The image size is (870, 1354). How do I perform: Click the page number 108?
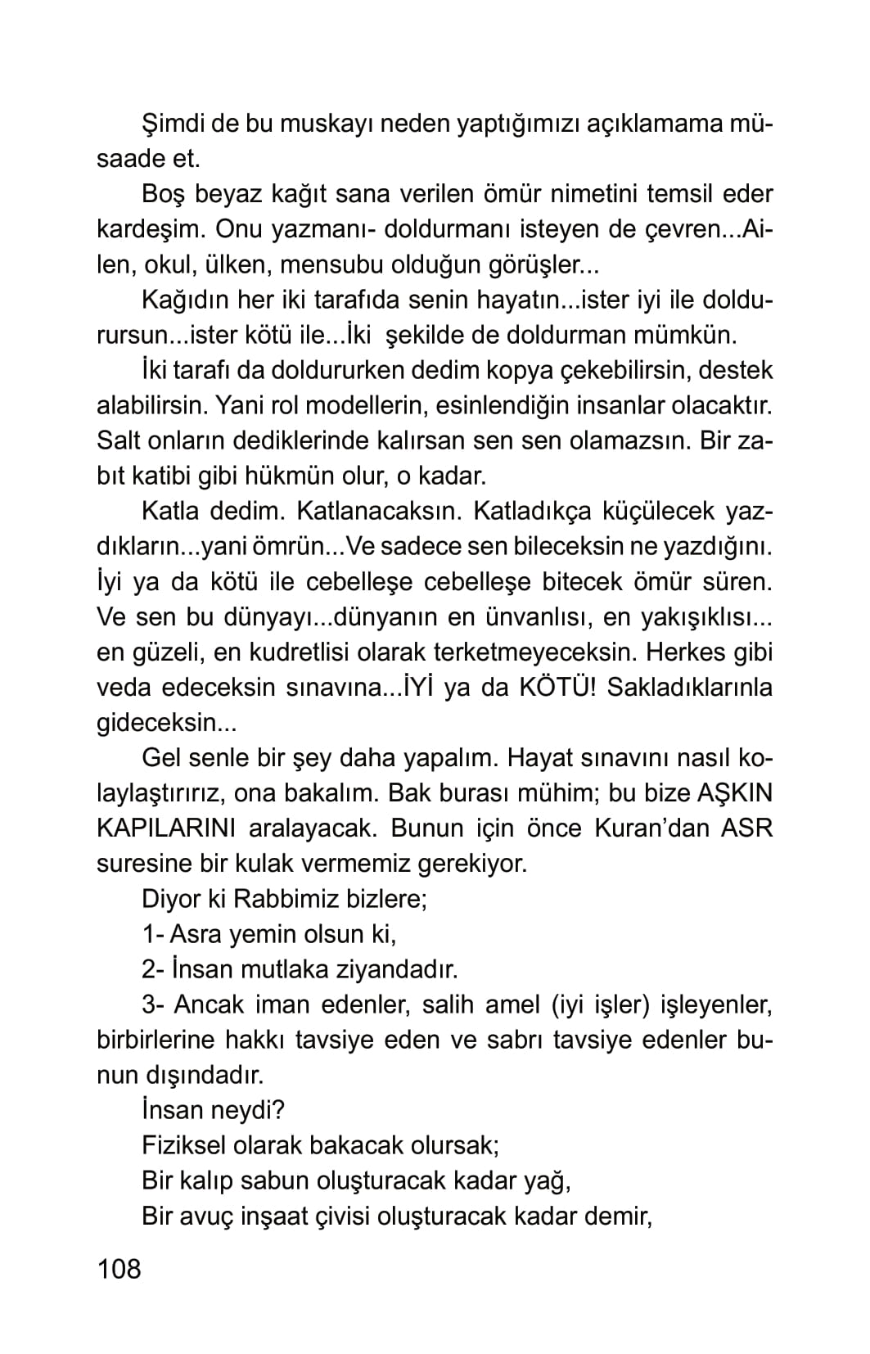tap(119, 1269)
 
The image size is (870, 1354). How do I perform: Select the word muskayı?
tap(321, 124)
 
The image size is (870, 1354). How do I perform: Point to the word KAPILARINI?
tap(166, 828)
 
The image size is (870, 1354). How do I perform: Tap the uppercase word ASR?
tap(746, 828)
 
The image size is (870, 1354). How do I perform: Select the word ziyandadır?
tap(396, 969)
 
